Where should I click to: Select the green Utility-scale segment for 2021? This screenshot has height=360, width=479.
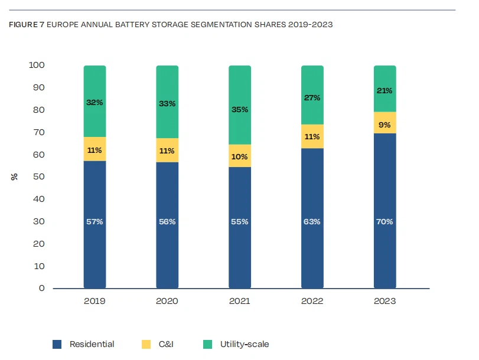(240, 89)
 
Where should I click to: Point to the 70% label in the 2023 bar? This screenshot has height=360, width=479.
(384, 222)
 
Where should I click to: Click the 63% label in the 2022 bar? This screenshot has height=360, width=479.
(312, 222)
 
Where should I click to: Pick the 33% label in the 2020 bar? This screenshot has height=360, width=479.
(167, 104)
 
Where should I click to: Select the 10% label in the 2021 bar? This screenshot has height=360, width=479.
(240, 157)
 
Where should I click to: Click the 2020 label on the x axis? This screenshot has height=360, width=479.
(167, 301)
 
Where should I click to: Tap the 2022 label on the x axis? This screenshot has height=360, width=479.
(312, 301)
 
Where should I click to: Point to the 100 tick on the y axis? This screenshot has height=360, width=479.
(37, 65)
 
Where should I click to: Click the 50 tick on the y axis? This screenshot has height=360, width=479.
(39, 176)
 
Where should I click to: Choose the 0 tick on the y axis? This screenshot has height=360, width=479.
(42, 288)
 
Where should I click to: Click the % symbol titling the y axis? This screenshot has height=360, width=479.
(14, 176)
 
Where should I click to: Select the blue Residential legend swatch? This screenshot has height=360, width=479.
(57, 344)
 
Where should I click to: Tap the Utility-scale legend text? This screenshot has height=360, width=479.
(245, 344)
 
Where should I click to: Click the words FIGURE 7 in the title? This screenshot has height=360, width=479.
(27, 25)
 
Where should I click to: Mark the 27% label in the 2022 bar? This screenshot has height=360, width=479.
(312, 98)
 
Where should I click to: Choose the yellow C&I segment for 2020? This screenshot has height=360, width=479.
(167, 150)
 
